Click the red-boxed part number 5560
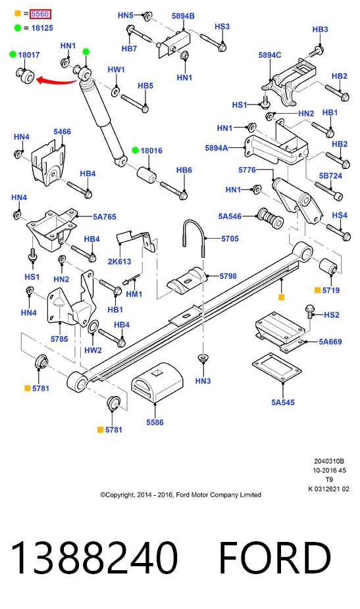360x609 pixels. tap(40, 14)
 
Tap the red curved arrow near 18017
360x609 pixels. tap(57, 81)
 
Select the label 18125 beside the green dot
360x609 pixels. tap(42, 28)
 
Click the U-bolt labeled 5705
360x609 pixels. tap(193, 237)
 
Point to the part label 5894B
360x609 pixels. tap(183, 16)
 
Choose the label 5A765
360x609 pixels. tap(104, 217)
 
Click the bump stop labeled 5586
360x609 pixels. tap(157, 383)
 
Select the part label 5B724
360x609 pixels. tap(330, 176)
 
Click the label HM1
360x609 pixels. tap(134, 294)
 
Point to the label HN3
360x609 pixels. tap(203, 381)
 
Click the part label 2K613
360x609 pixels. tap(119, 261)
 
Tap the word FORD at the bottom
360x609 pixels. tap(275, 558)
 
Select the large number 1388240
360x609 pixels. tap(94, 558)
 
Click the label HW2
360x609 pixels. tap(93, 350)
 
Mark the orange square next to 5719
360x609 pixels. tap(317, 290)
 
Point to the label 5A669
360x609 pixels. tap(330, 342)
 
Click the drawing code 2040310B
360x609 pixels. tap(329, 462)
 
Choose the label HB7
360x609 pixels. tap(129, 49)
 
